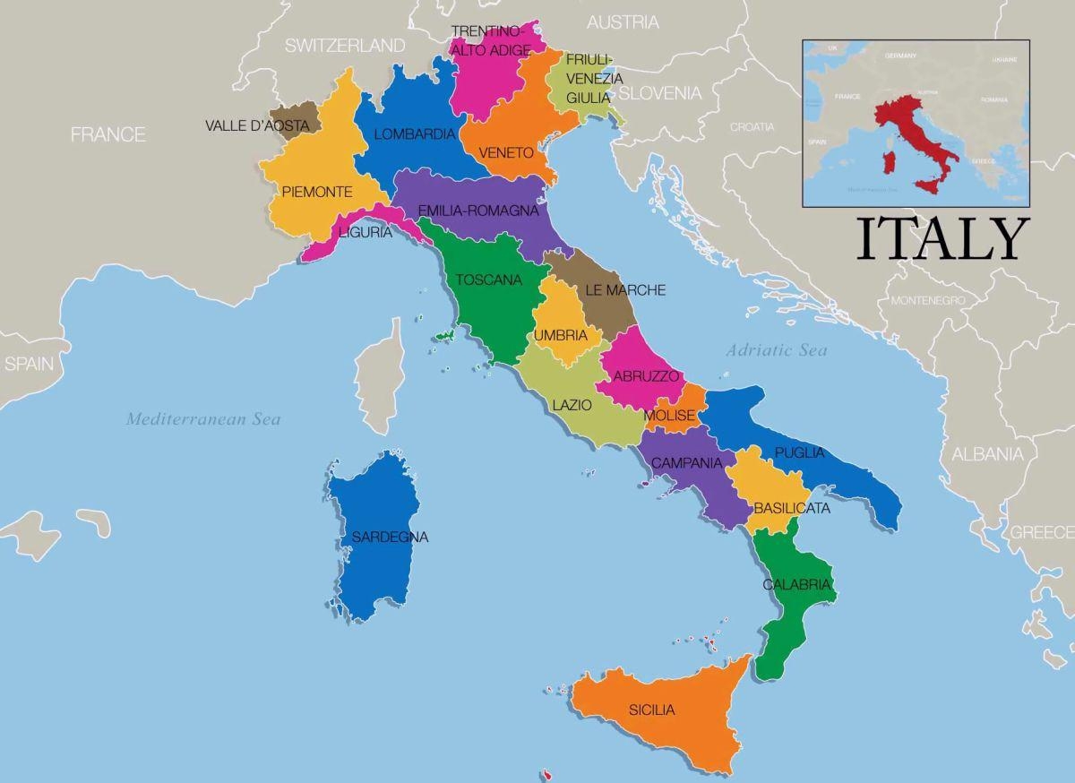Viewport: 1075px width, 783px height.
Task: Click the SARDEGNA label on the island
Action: [390, 538]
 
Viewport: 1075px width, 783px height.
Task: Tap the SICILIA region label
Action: [651, 710]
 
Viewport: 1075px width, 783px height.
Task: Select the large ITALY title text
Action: [941, 240]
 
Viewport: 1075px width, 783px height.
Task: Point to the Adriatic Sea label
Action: [777, 350]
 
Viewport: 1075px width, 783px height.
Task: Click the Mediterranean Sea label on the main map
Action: [203, 418]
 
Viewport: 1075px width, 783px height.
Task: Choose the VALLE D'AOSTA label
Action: [257, 126]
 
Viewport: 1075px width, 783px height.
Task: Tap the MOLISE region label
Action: [669, 416]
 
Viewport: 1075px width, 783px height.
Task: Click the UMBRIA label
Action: [561, 336]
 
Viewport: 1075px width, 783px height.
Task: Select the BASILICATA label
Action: [791, 508]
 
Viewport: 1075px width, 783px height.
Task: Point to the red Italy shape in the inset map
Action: [905, 125]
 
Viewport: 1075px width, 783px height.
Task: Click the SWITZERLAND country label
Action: [345, 45]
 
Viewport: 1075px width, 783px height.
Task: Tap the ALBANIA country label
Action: [986, 454]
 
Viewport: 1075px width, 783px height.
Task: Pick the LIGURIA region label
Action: [365, 233]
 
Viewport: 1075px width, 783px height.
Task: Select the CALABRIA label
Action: [797, 585]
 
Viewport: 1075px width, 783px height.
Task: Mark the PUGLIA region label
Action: [799, 453]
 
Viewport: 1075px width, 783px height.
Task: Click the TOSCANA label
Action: [488, 280]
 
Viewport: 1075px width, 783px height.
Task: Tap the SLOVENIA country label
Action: [660, 93]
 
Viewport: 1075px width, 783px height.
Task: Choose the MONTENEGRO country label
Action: [927, 300]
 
